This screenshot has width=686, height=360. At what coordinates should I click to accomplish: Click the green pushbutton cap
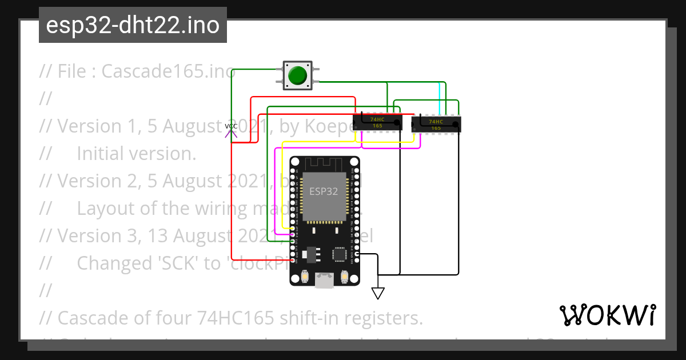pos(297,75)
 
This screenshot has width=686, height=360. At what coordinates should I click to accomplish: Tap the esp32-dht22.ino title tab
pos(133,25)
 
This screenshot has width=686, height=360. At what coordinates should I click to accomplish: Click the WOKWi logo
pos(607,315)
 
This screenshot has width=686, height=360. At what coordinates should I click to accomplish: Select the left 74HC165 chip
pos(377,122)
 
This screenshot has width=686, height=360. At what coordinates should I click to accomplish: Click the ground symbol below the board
pos(377,293)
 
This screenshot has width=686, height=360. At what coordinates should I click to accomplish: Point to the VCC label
pos(231,126)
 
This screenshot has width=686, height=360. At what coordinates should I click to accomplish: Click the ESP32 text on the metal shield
pos(324,191)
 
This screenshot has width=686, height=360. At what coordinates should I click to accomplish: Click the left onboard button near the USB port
pos(305,277)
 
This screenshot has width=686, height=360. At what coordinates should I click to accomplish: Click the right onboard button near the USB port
pos(345,277)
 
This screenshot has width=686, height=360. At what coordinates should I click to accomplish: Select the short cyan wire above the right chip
pos(439,98)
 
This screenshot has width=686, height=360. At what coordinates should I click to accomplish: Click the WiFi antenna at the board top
pos(324,164)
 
